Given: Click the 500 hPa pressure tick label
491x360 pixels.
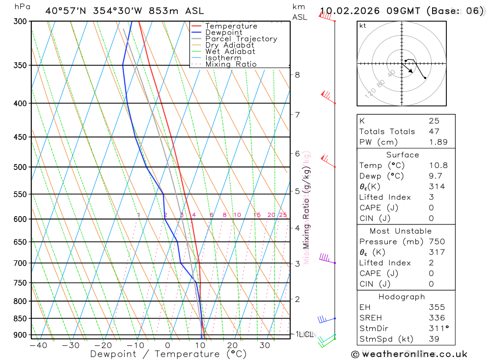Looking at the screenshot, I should point(20,167).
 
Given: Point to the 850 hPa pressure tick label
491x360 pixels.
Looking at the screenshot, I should point(20,318).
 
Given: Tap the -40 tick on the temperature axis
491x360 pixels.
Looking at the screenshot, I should point(38,345).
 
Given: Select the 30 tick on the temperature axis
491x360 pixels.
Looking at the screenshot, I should point(265,345).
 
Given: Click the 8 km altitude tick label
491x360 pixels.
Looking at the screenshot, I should point(297,75).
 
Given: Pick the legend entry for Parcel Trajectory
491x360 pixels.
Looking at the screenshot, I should point(241,39).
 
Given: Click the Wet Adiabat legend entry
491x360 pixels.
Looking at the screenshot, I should point(230,52).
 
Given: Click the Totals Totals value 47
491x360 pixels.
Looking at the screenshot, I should point(434,131).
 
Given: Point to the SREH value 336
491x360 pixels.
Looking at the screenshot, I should point(436,318).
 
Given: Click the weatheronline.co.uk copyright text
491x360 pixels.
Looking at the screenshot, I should point(409,354).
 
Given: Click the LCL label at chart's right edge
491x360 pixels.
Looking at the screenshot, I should point(306,334).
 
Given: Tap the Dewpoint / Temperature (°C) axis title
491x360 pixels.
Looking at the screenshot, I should point(168,354).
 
